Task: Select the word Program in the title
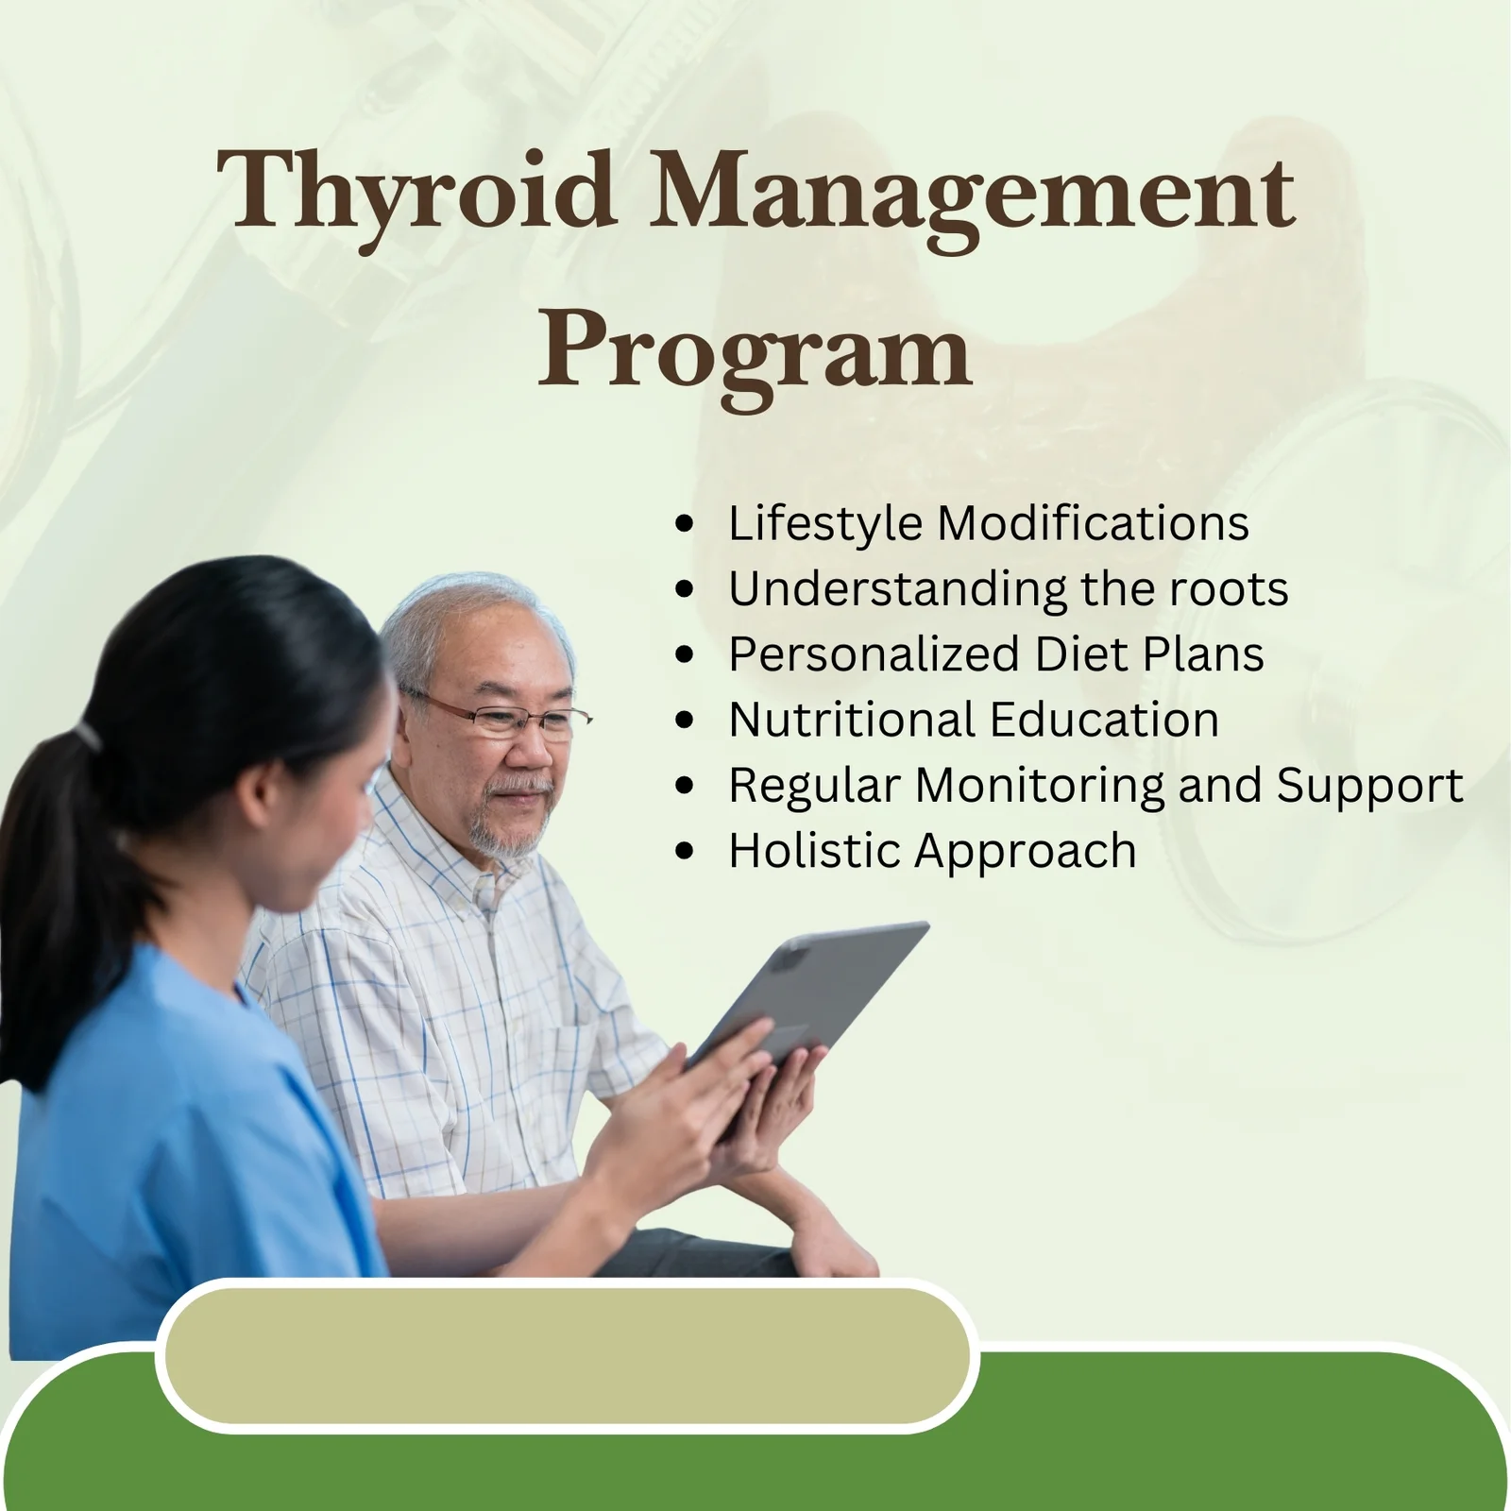pyautogui.click(x=755, y=351)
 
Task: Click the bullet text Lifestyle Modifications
pyautogui.click(x=988, y=523)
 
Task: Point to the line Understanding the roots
pyautogui.click(x=1008, y=589)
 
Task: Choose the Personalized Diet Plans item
pyautogui.click(x=995, y=654)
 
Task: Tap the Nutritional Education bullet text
pyautogui.click(x=974, y=720)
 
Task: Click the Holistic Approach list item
pyautogui.click(x=932, y=851)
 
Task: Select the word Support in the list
pyautogui.click(x=1369, y=786)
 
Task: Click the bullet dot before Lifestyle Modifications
pyautogui.click(x=685, y=525)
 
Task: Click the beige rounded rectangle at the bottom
pyautogui.click(x=567, y=1355)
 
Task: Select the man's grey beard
pyautogui.click(x=505, y=831)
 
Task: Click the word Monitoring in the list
pyautogui.click(x=1040, y=786)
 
